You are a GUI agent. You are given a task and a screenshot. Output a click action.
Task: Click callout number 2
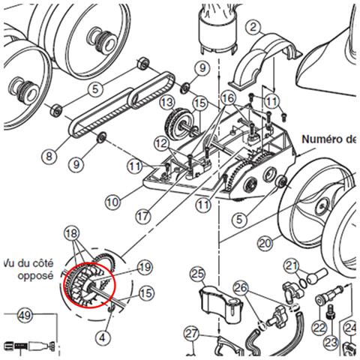253,27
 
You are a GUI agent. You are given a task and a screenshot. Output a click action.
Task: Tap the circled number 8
49,157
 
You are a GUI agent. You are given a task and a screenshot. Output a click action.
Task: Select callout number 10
113,202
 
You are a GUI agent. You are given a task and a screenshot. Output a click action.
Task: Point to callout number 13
167,102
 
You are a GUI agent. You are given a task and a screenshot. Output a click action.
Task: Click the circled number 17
143,216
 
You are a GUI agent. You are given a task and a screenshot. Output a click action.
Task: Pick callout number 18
72,233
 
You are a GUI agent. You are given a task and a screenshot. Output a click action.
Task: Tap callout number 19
145,268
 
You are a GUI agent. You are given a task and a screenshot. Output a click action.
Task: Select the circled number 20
265,243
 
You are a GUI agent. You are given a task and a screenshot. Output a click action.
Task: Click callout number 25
198,274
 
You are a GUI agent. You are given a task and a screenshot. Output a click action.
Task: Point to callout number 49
25,315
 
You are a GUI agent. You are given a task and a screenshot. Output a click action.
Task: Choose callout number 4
102,338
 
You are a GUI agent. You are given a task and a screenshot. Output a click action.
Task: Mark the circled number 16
229,98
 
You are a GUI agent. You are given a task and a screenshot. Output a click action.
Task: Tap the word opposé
35,276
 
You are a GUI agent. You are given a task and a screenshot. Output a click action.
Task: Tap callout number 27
192,334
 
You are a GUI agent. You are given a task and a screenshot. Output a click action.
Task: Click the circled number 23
331,343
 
